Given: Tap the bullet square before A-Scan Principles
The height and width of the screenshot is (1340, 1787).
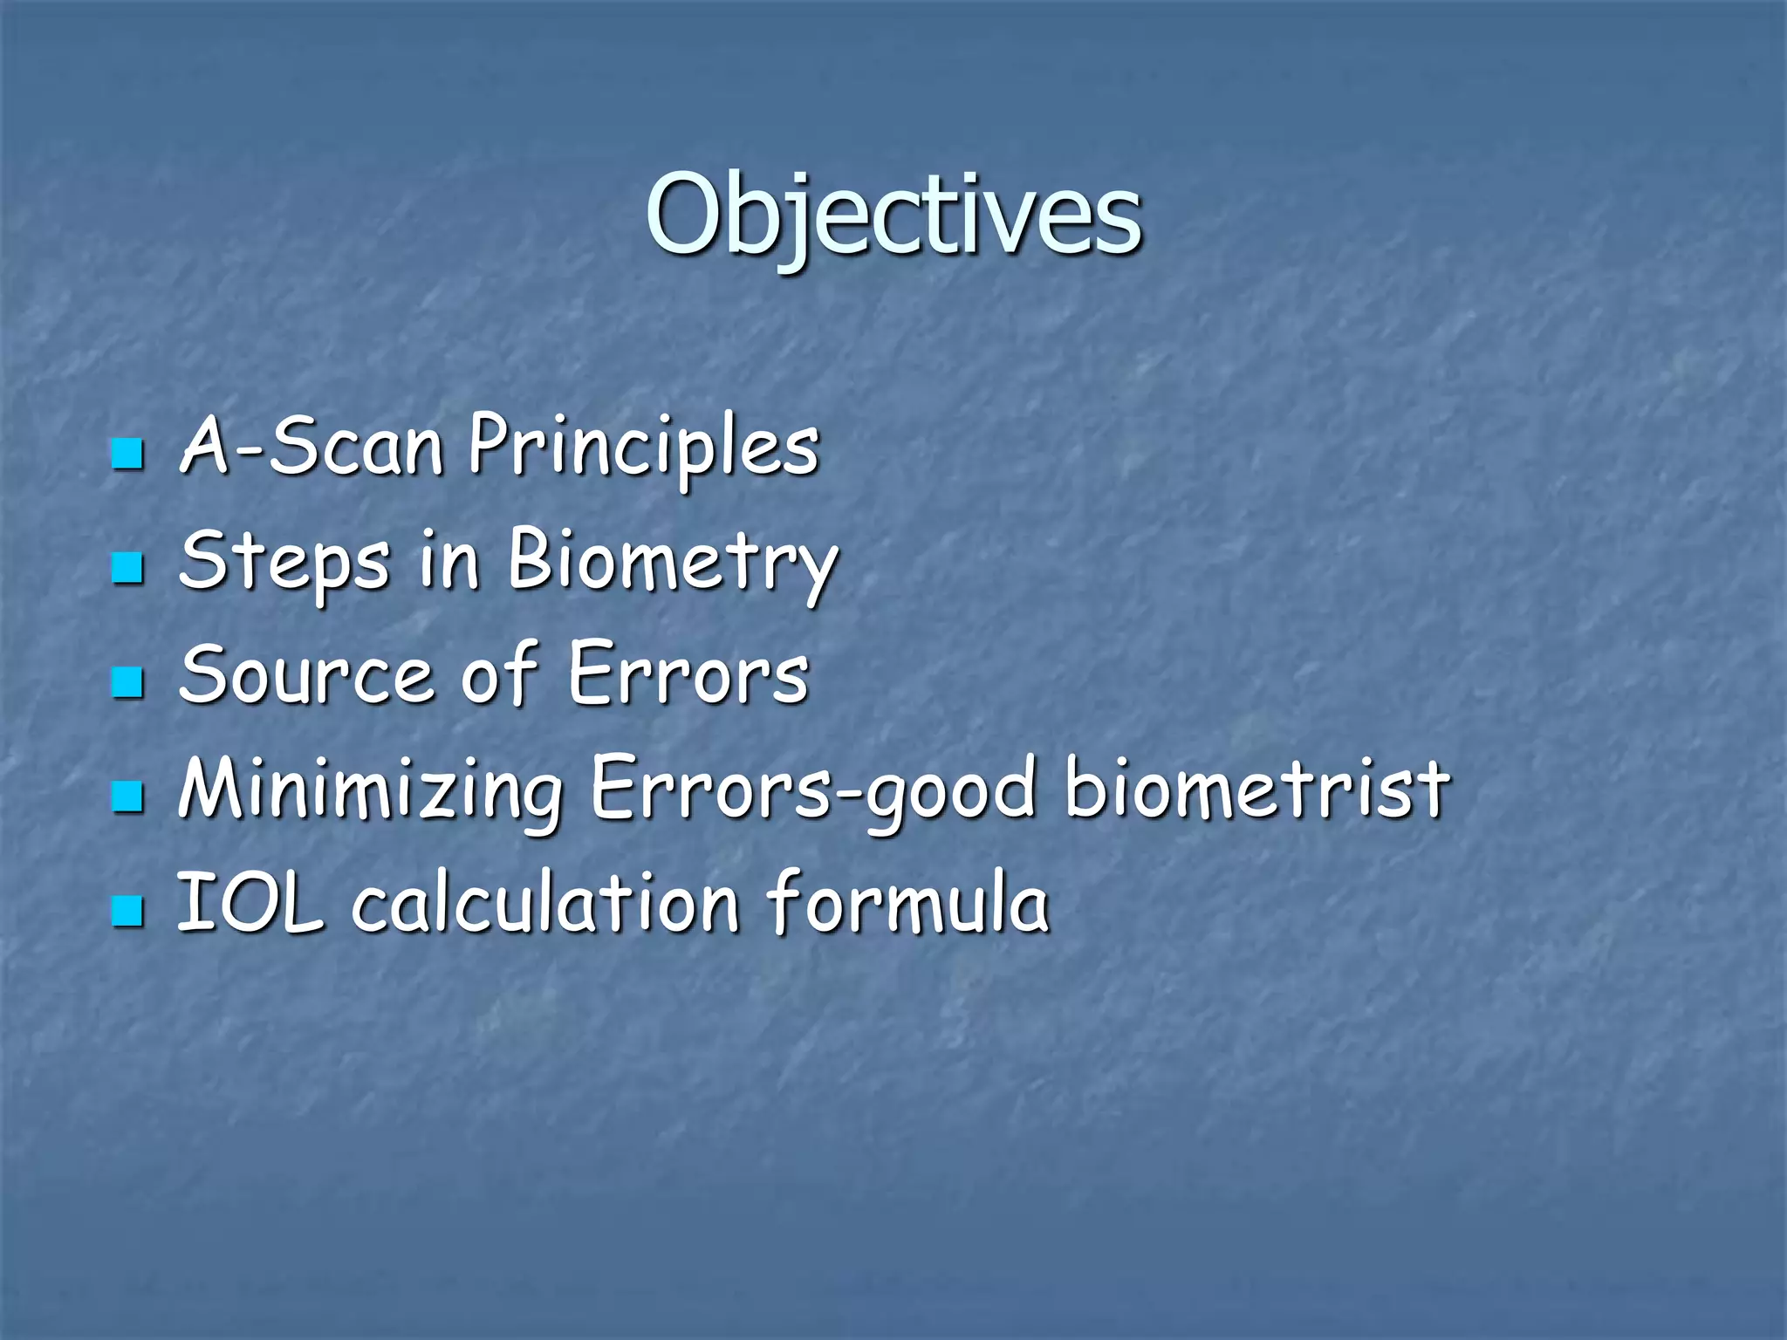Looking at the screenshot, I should pos(127,454).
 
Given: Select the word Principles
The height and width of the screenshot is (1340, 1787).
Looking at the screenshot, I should pos(643,447).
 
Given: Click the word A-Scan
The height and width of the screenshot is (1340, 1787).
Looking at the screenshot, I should pos(311,447).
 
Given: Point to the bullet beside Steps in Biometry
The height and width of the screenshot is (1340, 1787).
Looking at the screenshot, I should pos(127,568).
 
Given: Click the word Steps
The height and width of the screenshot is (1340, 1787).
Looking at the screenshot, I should pos(284,561).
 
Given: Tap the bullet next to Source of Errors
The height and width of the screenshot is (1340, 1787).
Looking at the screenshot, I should pos(127,682).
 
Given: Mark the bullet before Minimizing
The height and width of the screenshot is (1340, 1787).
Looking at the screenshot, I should pos(127,796).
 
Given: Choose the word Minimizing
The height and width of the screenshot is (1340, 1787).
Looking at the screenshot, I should pos(370,790).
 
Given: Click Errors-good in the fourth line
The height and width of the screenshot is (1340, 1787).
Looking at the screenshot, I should pos(816,790).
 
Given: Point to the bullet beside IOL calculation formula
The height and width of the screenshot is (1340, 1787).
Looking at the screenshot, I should pos(127,911).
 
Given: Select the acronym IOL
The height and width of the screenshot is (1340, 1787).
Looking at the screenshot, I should pos(250,904).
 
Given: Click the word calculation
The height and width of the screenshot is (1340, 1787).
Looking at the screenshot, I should pos(546,904).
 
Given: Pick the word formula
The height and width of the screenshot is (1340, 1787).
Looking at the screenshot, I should pos(907,904).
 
